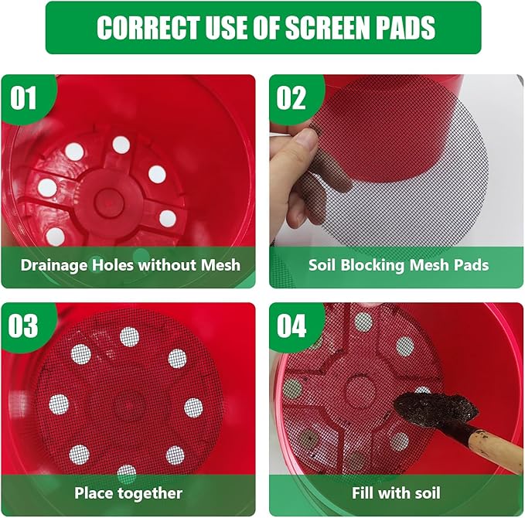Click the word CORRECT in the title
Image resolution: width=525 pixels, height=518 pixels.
[148, 27]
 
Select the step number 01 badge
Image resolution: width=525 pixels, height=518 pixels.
[23, 97]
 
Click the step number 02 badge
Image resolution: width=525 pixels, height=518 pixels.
[291, 97]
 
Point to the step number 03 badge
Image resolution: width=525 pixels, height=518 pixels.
[23, 325]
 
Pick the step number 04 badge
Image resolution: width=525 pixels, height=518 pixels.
[291, 325]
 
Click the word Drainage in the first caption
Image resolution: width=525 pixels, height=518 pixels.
[54, 265]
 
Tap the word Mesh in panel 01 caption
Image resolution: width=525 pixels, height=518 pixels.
[220, 265]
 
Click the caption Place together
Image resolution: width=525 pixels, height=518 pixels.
[128, 493]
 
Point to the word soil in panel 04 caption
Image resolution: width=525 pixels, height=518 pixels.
[424, 493]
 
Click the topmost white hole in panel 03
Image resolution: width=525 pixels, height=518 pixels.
[129, 337]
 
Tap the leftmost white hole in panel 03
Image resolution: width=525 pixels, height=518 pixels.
[59, 404]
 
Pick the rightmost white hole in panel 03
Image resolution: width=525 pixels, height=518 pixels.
[193, 407]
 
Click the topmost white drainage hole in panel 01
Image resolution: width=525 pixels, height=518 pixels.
[121, 145]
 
